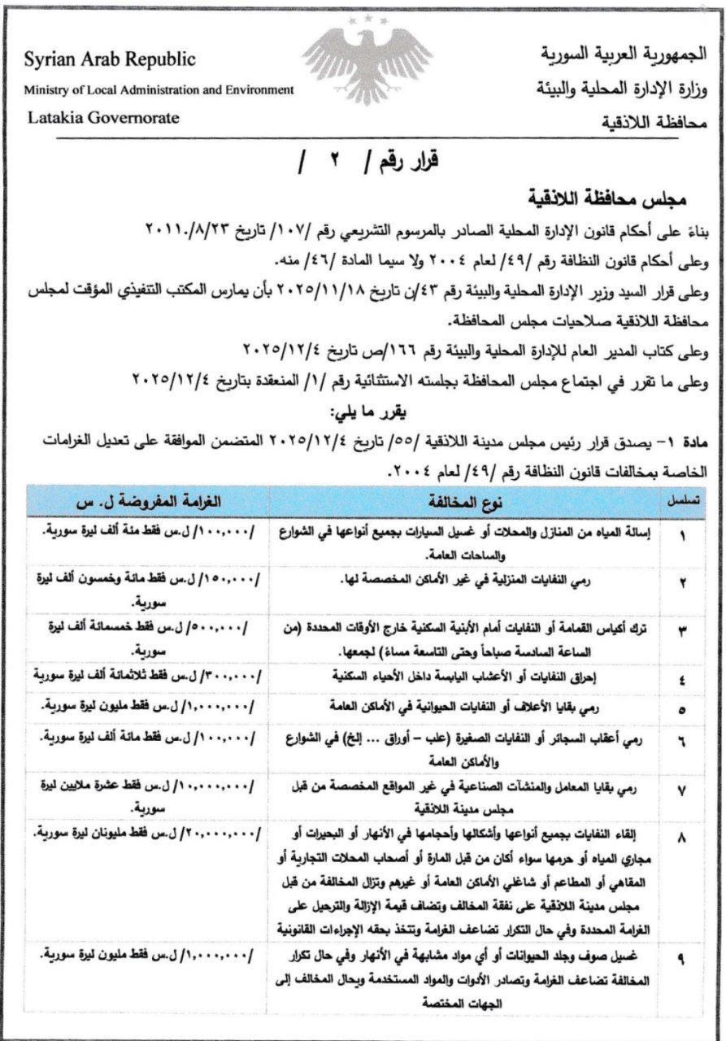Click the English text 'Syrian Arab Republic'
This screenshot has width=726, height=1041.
110,61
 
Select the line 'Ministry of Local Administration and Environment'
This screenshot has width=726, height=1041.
159,89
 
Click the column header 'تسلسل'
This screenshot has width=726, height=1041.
685,500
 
